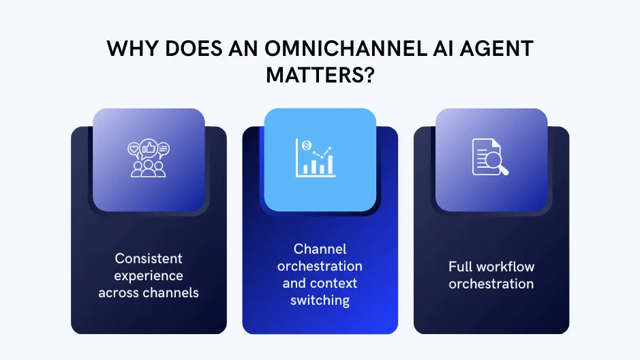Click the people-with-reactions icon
(149, 160)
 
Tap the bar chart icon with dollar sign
(315, 157)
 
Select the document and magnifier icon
(490, 157)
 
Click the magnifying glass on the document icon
(498, 164)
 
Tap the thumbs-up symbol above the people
(149, 148)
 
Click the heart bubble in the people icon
(134, 148)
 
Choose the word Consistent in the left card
(149, 258)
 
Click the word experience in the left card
(149, 275)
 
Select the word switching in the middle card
(320, 300)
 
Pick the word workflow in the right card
(508, 267)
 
